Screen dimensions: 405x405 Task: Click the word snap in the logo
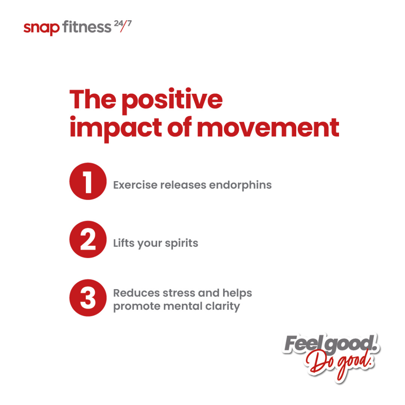pos(41,28)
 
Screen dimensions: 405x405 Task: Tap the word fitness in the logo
pos(87,27)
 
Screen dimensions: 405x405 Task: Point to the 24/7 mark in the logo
pos(123,26)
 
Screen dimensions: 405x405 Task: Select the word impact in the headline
pos(116,129)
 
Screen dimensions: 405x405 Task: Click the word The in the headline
pos(93,99)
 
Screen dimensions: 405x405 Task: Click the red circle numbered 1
pos(88,181)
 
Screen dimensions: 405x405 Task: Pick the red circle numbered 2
pos(88,239)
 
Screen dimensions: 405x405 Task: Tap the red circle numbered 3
pos(88,298)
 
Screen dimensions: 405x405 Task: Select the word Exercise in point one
pos(135,185)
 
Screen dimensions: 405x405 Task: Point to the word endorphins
pos(240,185)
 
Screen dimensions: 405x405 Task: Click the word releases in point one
pos(183,185)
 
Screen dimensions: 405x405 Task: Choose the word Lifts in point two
pos(124,243)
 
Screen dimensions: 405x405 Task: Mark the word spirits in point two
pos(181,244)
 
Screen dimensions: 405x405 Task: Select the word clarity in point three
pos(223,307)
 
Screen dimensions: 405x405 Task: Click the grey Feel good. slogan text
pos(331,344)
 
